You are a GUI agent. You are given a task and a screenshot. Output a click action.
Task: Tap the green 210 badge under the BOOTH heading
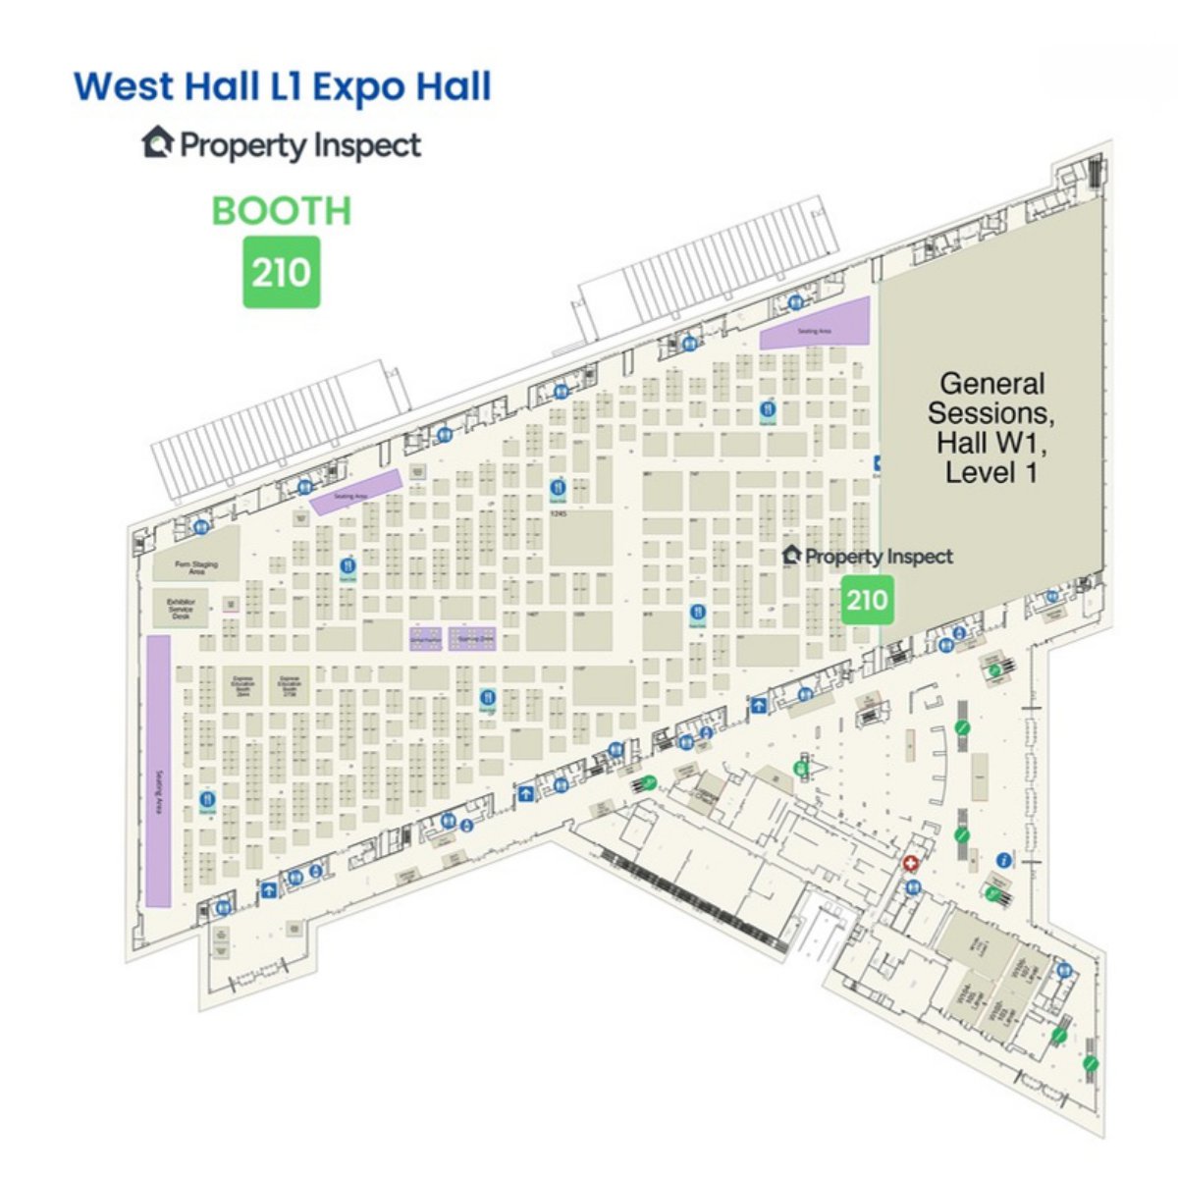coord(282,272)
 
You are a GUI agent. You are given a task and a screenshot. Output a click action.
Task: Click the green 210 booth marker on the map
coord(868,599)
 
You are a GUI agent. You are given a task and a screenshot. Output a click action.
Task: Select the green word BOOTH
coord(282,211)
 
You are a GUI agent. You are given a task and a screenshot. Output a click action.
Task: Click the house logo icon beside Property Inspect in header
coord(158,143)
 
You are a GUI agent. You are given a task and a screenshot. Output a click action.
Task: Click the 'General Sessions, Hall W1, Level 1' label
coord(991,428)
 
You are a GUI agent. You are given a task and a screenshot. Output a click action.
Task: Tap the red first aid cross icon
coord(911,863)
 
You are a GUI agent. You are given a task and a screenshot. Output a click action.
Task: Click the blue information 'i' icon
coord(1003,860)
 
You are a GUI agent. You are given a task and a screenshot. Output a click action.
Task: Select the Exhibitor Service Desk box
coord(182,609)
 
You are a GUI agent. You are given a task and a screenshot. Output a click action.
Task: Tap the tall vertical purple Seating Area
coord(158,771)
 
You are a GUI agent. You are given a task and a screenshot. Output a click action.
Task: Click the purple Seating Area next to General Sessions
coord(815,324)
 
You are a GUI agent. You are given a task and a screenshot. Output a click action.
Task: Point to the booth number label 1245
coord(560,513)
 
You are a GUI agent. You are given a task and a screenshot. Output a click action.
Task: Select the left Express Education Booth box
coord(242,684)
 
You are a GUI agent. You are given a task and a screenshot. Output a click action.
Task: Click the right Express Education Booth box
coord(289,684)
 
